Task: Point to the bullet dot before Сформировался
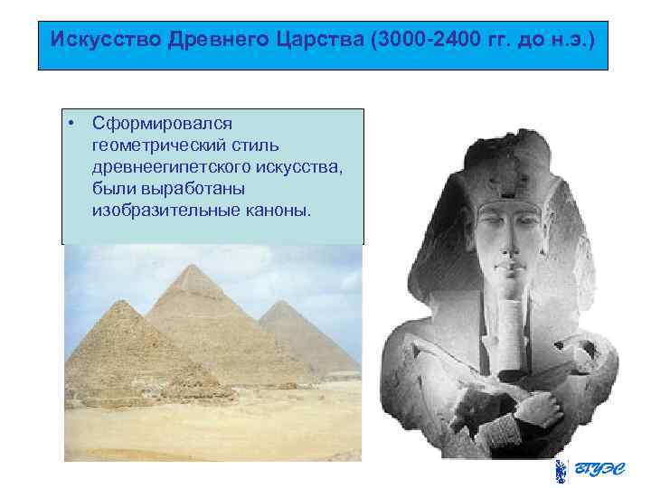(x=72, y=122)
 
